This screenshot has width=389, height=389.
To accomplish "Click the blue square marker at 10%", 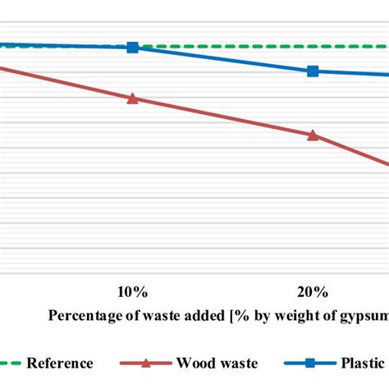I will pyautogui.click(x=132, y=48).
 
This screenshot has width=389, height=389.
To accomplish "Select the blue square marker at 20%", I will pyautogui.click(x=313, y=71).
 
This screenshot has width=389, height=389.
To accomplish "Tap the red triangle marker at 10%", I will pyautogui.click(x=132, y=98).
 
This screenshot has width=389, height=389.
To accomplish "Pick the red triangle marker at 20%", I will pyautogui.click(x=313, y=135).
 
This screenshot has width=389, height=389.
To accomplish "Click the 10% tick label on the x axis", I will pyautogui.click(x=132, y=292).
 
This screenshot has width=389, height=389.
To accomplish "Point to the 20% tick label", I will pyautogui.click(x=313, y=292).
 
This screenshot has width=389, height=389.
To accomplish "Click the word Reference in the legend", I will pyautogui.click(x=60, y=363).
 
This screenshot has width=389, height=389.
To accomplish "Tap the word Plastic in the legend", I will pyautogui.click(x=364, y=363).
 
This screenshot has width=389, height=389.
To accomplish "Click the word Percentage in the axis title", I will pyautogui.click(x=82, y=315).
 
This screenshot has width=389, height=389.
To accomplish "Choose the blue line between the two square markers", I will pyautogui.click(x=222, y=60).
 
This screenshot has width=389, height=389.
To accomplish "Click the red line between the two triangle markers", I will pyautogui.click(x=222, y=117).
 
